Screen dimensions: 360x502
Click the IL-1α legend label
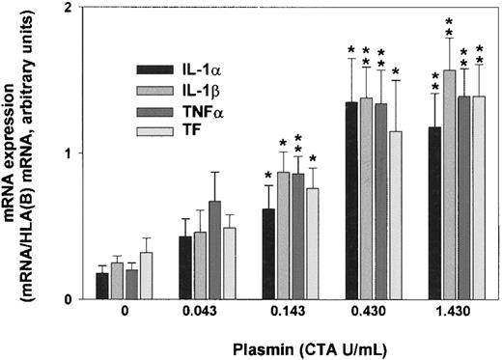coord(199,69)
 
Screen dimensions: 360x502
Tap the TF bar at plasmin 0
coord(146,276)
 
